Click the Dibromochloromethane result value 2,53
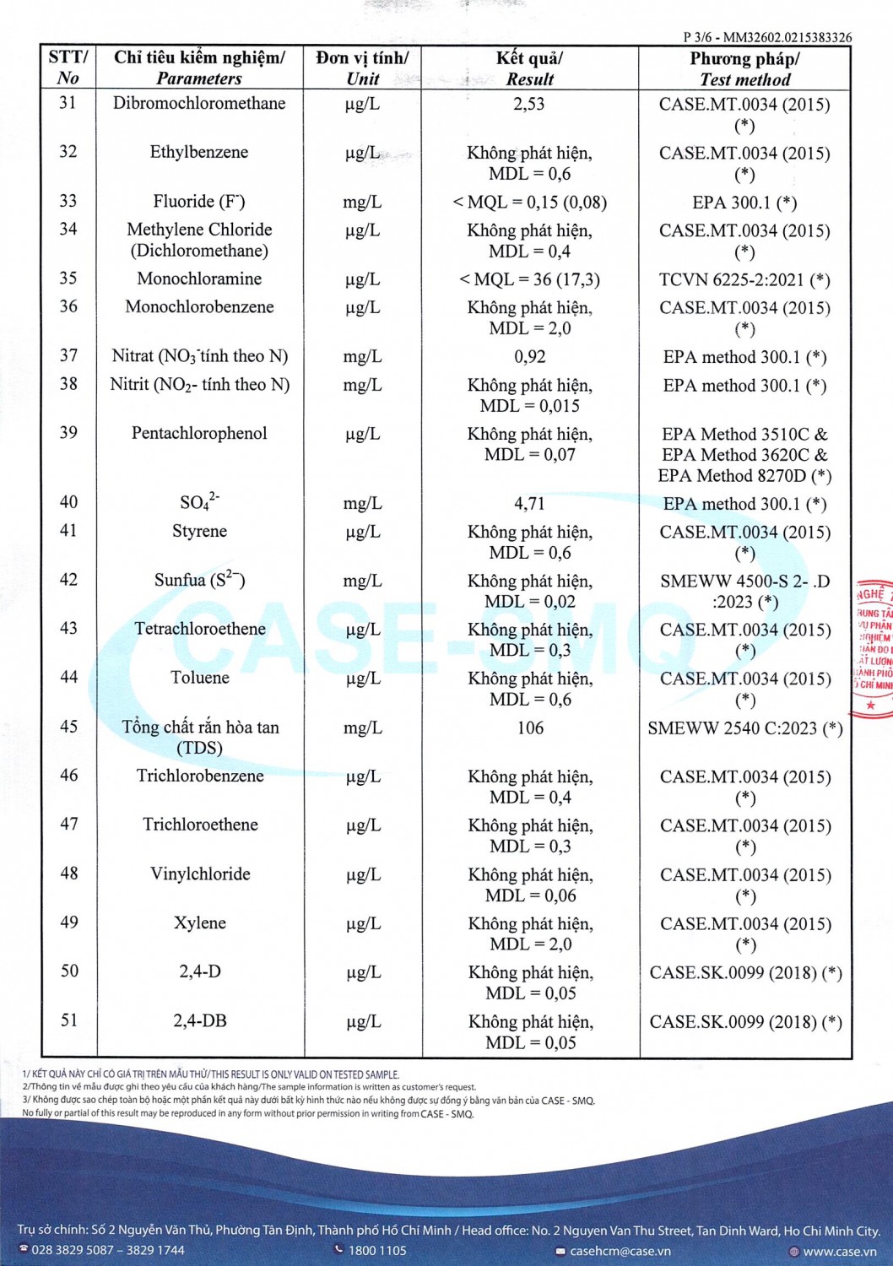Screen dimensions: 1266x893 529,105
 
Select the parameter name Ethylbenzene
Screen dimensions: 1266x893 199,153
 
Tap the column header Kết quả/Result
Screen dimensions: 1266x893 529,68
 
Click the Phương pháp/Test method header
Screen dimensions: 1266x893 744,69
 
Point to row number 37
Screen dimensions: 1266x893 68,356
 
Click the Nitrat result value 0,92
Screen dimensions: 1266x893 529,357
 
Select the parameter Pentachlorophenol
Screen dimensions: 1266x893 199,434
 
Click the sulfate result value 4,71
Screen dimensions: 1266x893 529,504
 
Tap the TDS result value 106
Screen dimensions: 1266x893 530,728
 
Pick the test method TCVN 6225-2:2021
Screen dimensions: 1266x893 744,280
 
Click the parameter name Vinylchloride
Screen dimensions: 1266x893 200,874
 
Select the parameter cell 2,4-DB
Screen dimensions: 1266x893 200,1021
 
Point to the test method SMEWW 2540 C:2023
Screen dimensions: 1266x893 744,728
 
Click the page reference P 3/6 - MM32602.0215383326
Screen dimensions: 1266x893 767,37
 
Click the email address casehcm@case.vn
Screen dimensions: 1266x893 620,1251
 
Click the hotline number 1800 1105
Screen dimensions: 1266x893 376,1251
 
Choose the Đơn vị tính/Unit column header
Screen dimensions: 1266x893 362,68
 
